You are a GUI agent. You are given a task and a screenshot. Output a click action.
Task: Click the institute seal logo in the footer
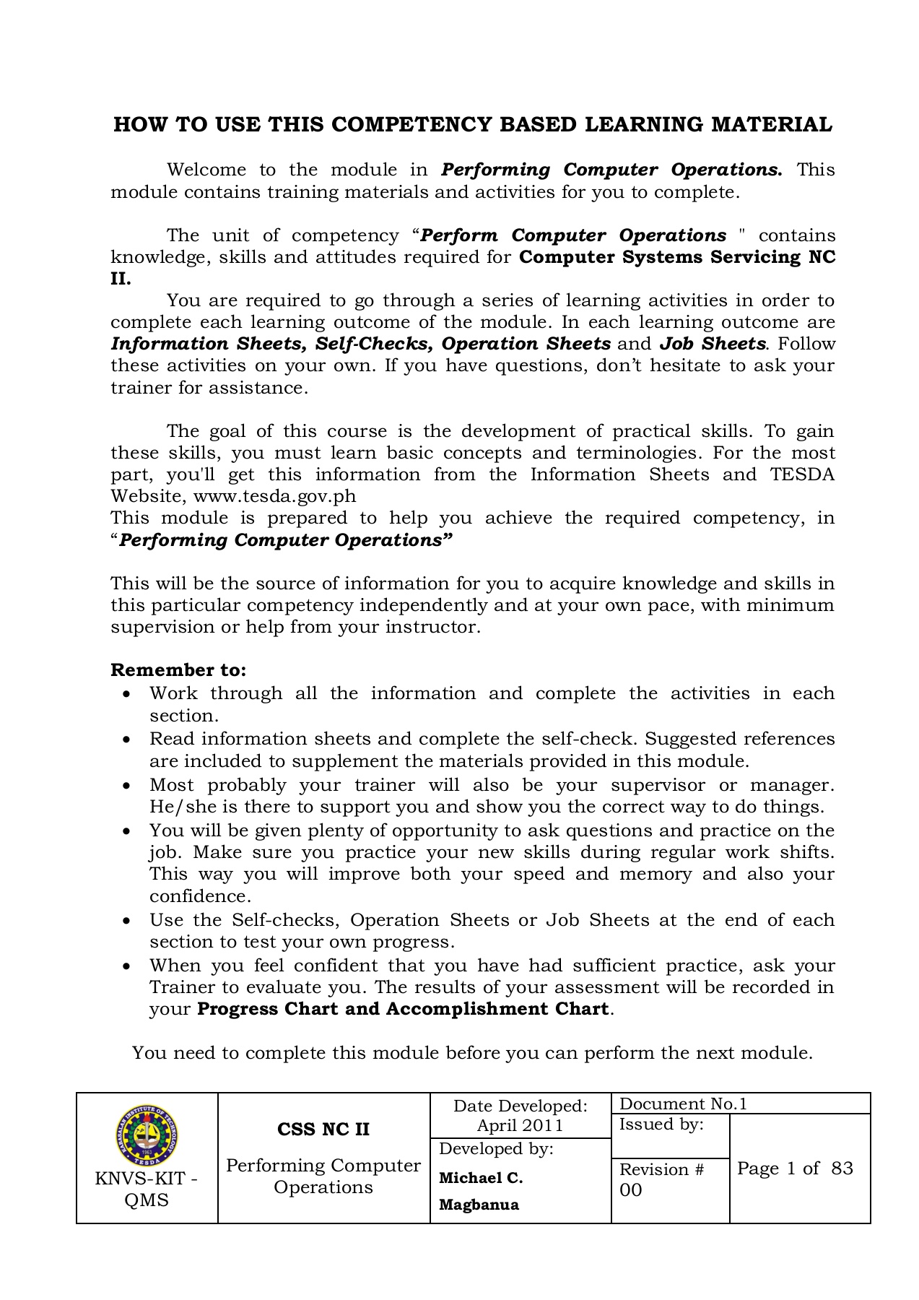coord(146,1138)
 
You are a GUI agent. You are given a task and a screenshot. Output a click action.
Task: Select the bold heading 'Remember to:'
coord(178,670)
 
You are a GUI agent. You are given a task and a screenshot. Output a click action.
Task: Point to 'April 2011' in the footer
coord(520,1125)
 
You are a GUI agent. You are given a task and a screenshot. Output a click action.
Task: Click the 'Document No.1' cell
coord(683,1104)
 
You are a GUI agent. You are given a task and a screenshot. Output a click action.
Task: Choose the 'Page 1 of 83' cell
coord(795,1169)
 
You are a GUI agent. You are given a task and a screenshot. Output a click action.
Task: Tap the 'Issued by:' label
coord(661,1124)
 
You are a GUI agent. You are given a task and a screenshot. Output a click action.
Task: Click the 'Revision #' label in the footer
coord(661,1170)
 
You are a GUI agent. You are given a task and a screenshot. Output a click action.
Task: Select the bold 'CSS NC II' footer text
coord(323,1130)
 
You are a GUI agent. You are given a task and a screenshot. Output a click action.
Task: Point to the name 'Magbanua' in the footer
coord(479,1205)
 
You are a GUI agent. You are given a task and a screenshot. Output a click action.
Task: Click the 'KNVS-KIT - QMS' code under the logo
coord(147,1189)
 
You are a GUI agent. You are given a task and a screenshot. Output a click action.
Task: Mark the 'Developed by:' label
coord(496,1149)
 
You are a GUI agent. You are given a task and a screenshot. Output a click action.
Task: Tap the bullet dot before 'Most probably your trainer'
coord(127,786)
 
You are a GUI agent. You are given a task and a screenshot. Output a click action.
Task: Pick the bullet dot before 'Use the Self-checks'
coord(127,921)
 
